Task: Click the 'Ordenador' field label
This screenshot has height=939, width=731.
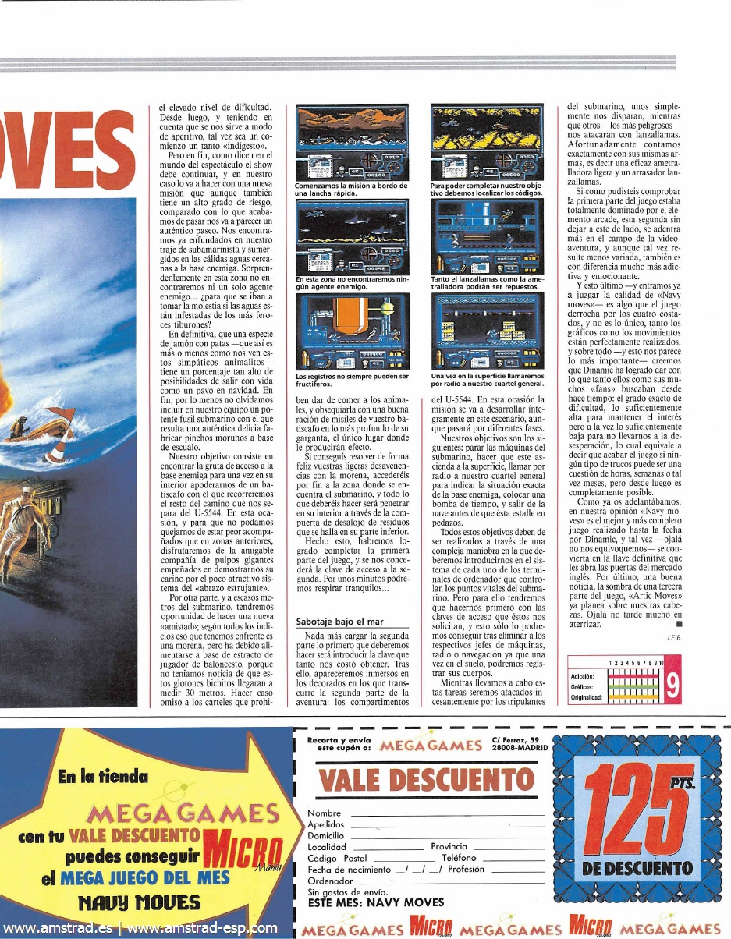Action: pyautogui.click(x=331, y=881)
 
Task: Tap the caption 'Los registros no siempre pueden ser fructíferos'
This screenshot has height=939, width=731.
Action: pyautogui.click(x=352, y=380)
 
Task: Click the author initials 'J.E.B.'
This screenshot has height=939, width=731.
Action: pyautogui.click(x=674, y=637)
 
